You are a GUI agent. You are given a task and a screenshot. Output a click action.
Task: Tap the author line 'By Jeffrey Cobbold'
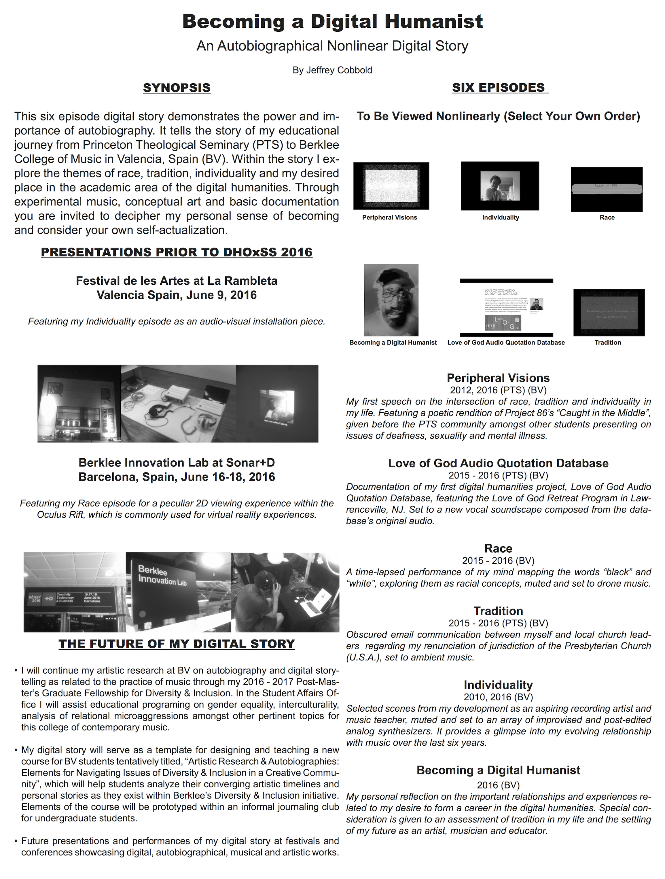(x=332, y=70)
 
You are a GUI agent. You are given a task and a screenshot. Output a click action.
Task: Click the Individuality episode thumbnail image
(x=500, y=186)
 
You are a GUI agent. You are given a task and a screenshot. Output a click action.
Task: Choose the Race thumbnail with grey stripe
(x=606, y=189)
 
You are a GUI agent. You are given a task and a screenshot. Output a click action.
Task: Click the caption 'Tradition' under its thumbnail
(x=607, y=343)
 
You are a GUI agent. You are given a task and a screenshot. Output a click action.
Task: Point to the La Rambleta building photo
(x=79, y=403)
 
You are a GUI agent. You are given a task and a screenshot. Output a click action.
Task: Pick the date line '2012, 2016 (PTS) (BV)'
(x=498, y=390)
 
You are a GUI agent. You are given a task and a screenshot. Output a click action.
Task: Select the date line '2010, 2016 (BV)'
(x=498, y=697)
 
